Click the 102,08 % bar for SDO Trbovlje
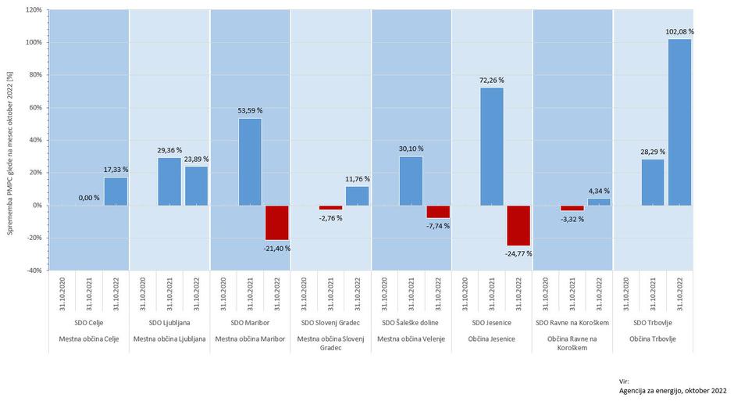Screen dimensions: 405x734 pyautogui.click(x=679, y=122)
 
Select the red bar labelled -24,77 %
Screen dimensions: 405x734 pyautogui.click(x=518, y=225)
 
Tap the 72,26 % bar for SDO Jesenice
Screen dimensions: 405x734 pyautogui.click(x=492, y=146)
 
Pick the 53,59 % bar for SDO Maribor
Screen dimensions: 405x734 pyautogui.click(x=250, y=162)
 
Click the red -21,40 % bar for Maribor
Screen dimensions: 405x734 pyautogui.click(x=276, y=223)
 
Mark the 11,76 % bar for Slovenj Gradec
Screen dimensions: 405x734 pyautogui.click(x=357, y=195)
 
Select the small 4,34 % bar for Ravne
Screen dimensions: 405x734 pyautogui.click(x=599, y=202)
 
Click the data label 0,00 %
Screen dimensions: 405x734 pyautogui.click(x=89, y=198)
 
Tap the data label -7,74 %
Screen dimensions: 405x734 pyautogui.click(x=437, y=226)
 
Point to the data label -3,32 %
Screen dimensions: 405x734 pyautogui.click(x=572, y=219)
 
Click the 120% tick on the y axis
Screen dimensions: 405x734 pyautogui.click(x=34, y=10)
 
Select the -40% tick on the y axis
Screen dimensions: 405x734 pyautogui.click(x=34, y=271)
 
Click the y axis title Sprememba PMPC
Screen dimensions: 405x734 pyautogui.click(x=10, y=141)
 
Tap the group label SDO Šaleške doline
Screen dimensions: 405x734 pyautogui.click(x=411, y=323)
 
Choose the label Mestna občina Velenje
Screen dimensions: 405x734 pyautogui.click(x=411, y=339)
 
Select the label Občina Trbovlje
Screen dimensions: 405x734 pyautogui.click(x=652, y=339)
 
